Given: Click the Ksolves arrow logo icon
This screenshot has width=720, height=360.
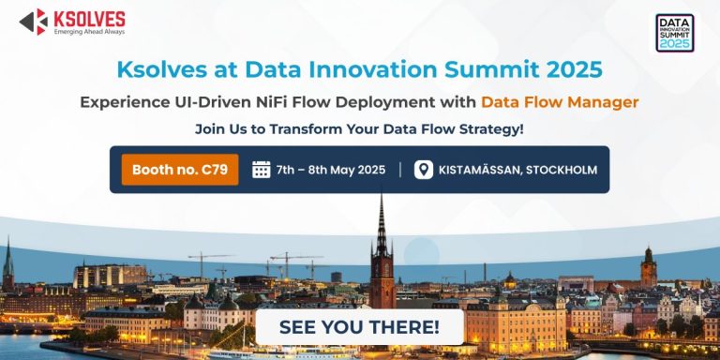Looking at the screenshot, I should pos(33,21).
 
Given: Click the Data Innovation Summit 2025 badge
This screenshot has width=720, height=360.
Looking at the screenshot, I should pos(674,32).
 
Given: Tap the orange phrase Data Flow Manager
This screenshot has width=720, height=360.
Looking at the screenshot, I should pos(560,101).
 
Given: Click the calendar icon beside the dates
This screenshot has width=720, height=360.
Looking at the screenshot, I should pos(262,170).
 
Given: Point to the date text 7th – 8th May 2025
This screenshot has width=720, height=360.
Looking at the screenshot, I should pos(331,171).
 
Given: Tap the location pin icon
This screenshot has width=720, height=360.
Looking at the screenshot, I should pos(424,170).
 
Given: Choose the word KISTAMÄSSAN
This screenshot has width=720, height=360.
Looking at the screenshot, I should pos(480,171).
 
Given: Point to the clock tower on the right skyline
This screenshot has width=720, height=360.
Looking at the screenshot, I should pos(648,265).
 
